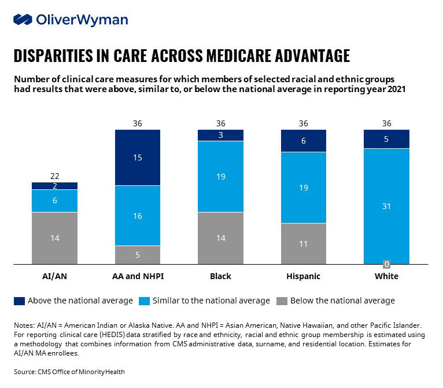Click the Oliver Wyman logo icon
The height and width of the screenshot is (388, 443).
tap(23, 20)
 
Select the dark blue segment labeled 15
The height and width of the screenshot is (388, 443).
tap(138, 158)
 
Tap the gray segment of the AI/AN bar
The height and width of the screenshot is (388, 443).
tap(54, 238)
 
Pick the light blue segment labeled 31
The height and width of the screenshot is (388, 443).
tap(386, 206)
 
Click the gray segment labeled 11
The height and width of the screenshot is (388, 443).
tap(304, 244)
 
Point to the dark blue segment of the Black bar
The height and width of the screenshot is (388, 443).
tap(221, 136)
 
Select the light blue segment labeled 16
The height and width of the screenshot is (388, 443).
tap(138, 215)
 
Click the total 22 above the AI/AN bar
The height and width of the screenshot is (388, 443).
tap(55, 176)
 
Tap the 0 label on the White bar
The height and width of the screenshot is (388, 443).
tap(386, 264)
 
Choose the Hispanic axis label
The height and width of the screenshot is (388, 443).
tap(304, 276)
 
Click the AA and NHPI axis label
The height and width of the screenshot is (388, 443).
tap(138, 276)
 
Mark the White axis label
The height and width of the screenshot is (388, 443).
tap(386, 276)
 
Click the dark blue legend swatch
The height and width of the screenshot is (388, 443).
tap(19, 301)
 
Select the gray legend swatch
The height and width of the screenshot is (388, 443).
tap(282, 301)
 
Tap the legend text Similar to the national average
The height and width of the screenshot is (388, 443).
tap(211, 301)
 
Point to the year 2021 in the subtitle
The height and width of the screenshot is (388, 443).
tap(396, 89)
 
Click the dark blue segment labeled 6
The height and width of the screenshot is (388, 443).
tap(304, 141)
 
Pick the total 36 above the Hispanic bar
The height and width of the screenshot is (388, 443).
tap(304, 123)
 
